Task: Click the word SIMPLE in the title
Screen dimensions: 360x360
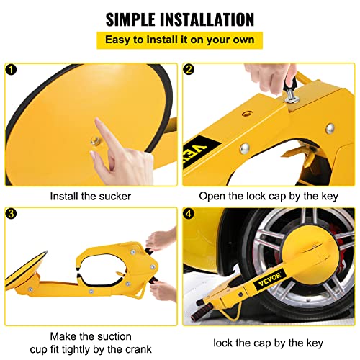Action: pyautogui.click(x=130, y=19)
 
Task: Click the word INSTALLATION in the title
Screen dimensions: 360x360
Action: pyautogui.click(x=207, y=19)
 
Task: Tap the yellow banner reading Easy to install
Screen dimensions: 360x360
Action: pyautogui.click(x=179, y=40)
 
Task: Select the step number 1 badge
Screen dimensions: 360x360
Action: pyautogui.click(x=11, y=70)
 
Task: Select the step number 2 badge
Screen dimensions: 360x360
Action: pyautogui.click(x=189, y=70)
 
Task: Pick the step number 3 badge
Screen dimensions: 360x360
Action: pyautogui.click(x=11, y=213)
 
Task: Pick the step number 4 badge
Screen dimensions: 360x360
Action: pyautogui.click(x=189, y=213)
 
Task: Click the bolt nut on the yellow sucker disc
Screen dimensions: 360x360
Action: pyautogui.click(x=96, y=140)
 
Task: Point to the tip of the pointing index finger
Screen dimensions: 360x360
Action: pyautogui.click(x=96, y=119)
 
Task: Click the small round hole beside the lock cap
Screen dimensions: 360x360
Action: pyautogui.click(x=247, y=113)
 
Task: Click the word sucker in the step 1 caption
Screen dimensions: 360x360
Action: pyautogui.click(x=115, y=197)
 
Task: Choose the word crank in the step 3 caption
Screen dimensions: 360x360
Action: pyautogui.click(x=139, y=349)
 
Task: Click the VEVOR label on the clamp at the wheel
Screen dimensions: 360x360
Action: pyautogui.click(x=269, y=279)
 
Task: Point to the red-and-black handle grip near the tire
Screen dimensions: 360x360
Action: pyautogui.click(x=202, y=312)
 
